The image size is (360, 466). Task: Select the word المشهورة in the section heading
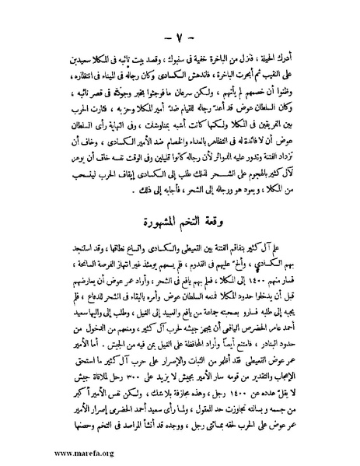tap(170, 204)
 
